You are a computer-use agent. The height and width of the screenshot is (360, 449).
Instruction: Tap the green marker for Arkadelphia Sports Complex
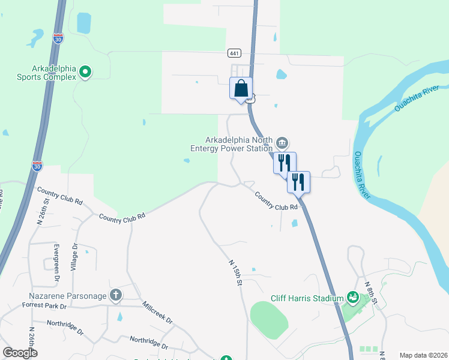point(85,73)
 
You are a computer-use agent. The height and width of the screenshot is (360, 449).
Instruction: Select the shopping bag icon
point(241,88)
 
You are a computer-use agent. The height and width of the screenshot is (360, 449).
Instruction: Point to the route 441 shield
point(235,53)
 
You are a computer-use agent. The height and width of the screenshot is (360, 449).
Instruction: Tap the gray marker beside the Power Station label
point(282,143)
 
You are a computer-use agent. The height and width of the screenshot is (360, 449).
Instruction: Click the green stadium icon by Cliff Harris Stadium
point(353,298)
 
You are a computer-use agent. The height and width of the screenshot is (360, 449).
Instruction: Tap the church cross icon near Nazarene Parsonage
point(116,295)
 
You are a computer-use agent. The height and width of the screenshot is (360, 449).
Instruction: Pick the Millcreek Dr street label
point(157,313)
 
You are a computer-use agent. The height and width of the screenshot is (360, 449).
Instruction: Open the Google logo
point(20,353)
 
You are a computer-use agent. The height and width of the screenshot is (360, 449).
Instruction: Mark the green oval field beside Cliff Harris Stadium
point(269,319)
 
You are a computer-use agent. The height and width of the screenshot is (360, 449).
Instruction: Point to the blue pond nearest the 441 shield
point(281,75)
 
